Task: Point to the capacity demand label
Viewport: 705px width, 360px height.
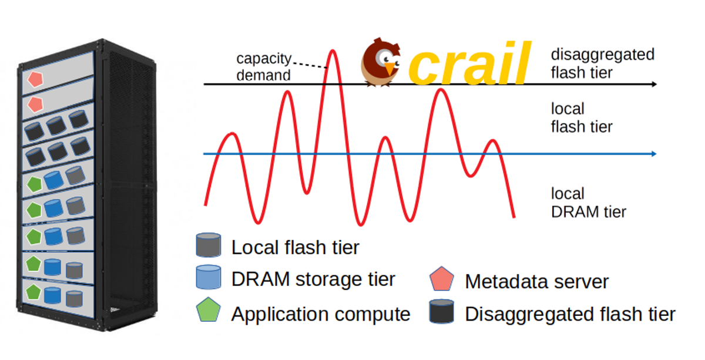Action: click(263, 67)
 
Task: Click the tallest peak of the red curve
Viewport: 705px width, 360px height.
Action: click(333, 52)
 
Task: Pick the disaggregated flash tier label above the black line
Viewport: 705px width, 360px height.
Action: click(602, 63)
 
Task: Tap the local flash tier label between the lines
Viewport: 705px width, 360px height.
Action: click(581, 118)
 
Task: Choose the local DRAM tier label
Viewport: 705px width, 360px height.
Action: click(588, 203)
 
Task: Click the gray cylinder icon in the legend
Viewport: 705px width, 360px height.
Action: click(209, 245)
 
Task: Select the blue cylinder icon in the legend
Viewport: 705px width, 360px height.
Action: click(209, 277)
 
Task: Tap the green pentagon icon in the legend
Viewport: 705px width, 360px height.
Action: click(209, 311)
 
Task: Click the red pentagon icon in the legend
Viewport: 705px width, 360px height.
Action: click(442, 280)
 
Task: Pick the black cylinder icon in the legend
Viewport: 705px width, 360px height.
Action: click(442, 311)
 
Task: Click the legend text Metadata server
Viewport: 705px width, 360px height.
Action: click(536, 282)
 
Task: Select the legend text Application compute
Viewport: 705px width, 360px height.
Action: click(320, 314)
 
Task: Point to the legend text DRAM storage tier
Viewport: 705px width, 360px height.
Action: click(313, 280)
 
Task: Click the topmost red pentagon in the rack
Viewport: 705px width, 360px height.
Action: click(35, 78)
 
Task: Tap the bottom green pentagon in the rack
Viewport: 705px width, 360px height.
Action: click(33, 292)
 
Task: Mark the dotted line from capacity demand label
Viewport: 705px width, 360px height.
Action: click(310, 64)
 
